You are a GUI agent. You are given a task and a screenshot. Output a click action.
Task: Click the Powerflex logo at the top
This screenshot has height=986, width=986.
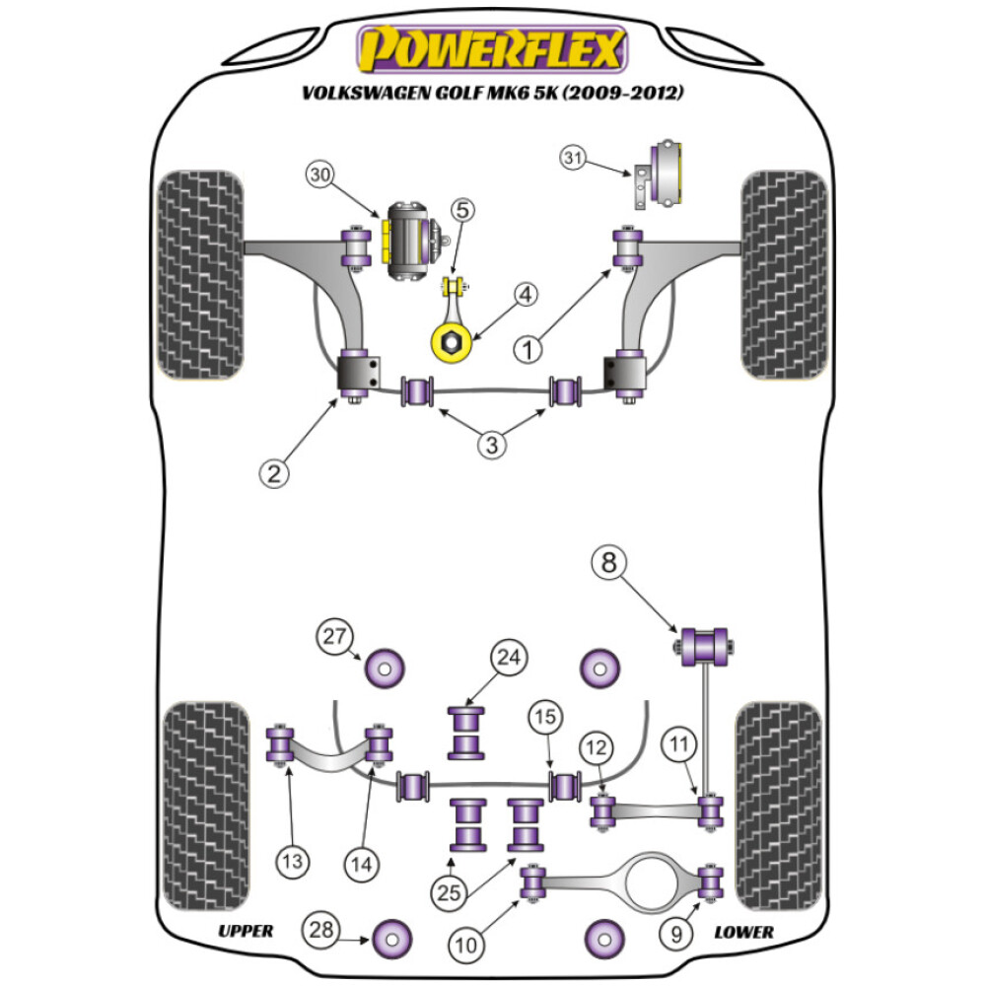coord(492,49)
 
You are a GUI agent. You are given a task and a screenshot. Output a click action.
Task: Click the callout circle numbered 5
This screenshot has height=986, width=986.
coord(463,209)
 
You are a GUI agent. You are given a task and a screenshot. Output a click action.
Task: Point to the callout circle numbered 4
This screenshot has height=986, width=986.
coord(525,295)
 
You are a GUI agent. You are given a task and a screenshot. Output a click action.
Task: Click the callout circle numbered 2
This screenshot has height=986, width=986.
coord(274,473)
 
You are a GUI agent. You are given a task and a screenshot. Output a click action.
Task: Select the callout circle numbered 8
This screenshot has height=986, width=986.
coord(608,564)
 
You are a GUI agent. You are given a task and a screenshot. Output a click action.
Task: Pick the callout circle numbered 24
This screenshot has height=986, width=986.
coord(512,658)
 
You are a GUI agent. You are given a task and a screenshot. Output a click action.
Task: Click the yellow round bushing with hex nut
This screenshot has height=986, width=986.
coord(450,343)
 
